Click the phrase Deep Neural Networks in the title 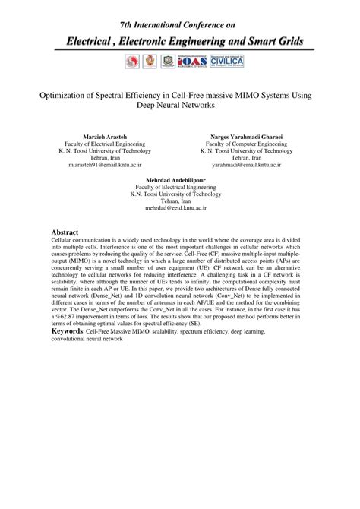pyautogui.click(x=179, y=107)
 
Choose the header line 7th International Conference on pyautogui.click(x=179, y=15)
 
